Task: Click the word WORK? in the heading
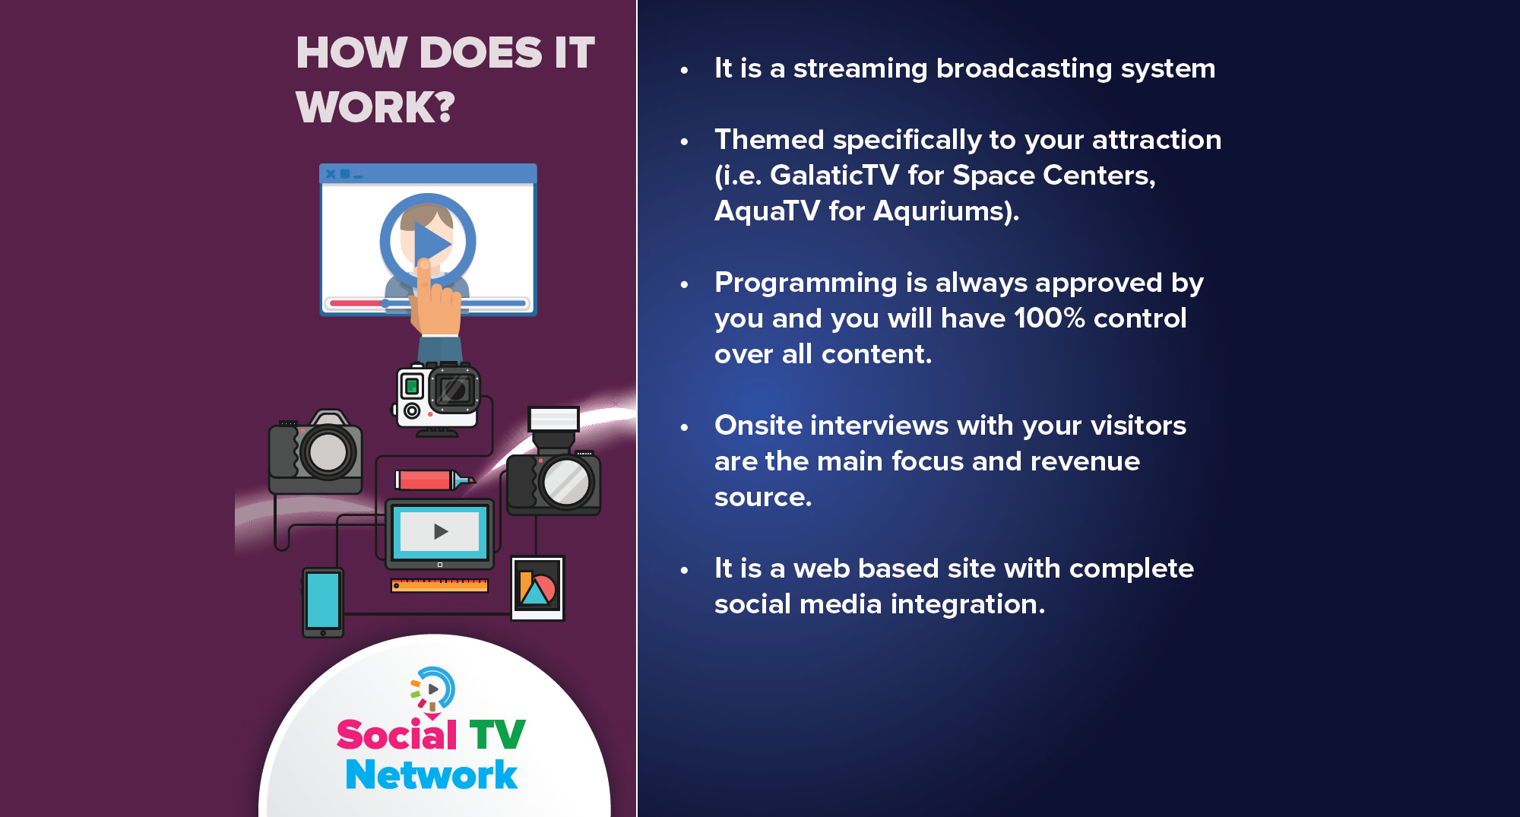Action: pos(375,107)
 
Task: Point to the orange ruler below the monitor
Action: pos(439,585)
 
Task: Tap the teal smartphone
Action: pos(323,602)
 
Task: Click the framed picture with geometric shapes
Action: pos(538,588)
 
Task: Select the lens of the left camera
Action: pos(328,451)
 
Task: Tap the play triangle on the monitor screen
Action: pos(440,531)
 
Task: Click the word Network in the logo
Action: pos(431,774)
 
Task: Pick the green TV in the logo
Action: pos(497,735)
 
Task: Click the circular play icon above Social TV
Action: pos(432,689)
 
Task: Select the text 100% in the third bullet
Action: pos(1049,318)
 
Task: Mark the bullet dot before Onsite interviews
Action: pos(684,427)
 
